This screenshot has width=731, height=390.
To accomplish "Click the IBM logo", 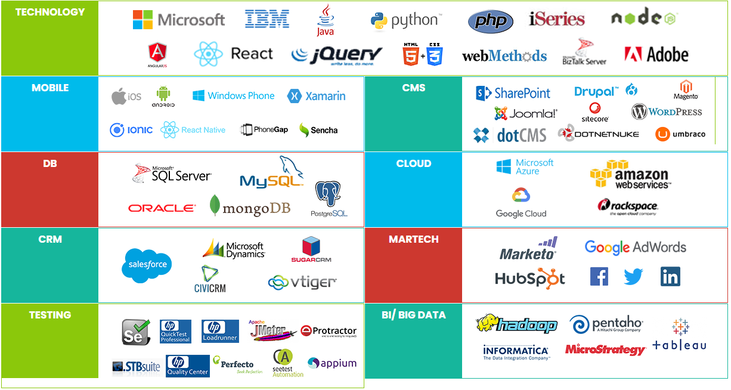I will coord(267,19).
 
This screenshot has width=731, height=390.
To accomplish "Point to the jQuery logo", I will coord(337,55).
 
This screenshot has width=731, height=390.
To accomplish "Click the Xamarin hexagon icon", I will coord(293,96).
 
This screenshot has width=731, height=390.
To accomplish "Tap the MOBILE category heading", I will coord(50,88).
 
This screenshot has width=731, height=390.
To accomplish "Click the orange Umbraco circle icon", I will coord(662,134).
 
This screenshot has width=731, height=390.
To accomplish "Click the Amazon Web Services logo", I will coord(630,174).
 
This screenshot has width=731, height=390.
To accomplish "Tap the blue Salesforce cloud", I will coord(147,265).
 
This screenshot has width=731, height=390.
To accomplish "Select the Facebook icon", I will coord(599,276).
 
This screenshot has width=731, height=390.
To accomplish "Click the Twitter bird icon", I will coord(633,276).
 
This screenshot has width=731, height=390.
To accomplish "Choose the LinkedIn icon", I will coord(670,276).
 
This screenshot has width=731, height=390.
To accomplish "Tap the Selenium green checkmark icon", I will coord(136,332).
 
